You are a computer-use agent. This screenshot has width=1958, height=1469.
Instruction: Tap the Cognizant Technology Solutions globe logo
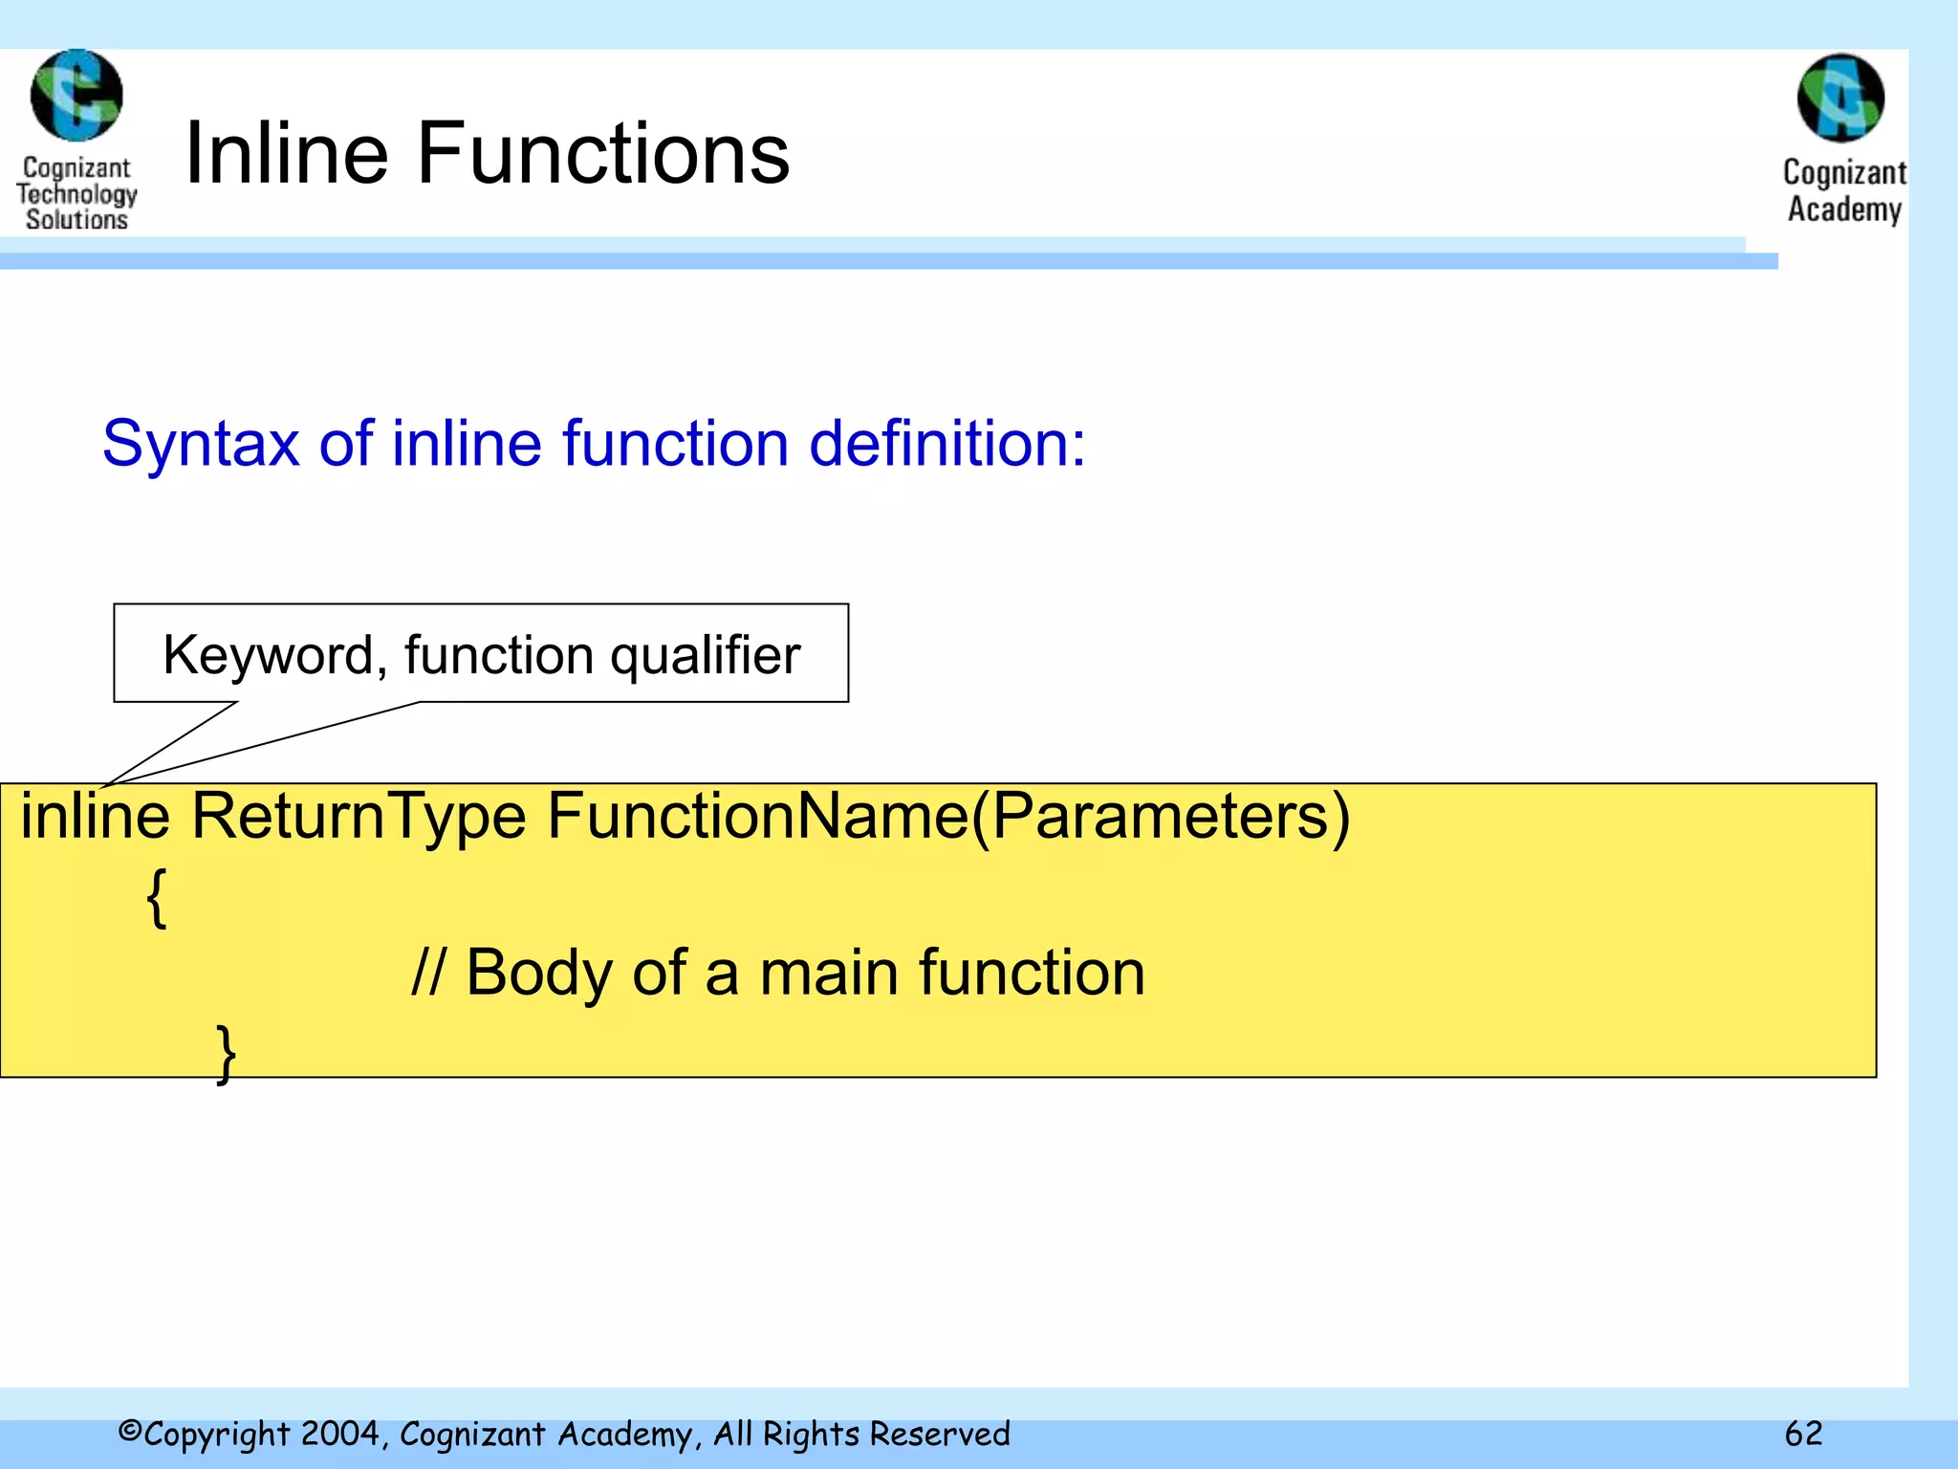76,96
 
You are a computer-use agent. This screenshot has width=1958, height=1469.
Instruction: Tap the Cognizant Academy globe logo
1840,98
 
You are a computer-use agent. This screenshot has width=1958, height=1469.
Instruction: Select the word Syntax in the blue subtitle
201,445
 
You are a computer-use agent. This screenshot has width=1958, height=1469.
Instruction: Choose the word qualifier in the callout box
705,656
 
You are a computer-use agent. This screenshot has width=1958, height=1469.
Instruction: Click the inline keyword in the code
95,816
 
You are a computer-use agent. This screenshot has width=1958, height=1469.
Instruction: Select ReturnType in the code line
359,818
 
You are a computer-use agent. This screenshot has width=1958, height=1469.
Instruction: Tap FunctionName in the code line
757,816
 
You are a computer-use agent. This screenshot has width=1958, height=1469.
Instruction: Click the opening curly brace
157,898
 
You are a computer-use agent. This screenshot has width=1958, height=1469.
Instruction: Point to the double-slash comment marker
426,974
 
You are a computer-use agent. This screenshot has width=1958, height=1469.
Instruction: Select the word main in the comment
829,974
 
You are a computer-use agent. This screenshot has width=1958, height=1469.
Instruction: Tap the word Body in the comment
539,974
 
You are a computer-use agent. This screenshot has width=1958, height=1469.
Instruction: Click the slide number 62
1803,1434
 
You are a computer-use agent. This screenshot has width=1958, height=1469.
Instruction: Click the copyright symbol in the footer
130,1432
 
